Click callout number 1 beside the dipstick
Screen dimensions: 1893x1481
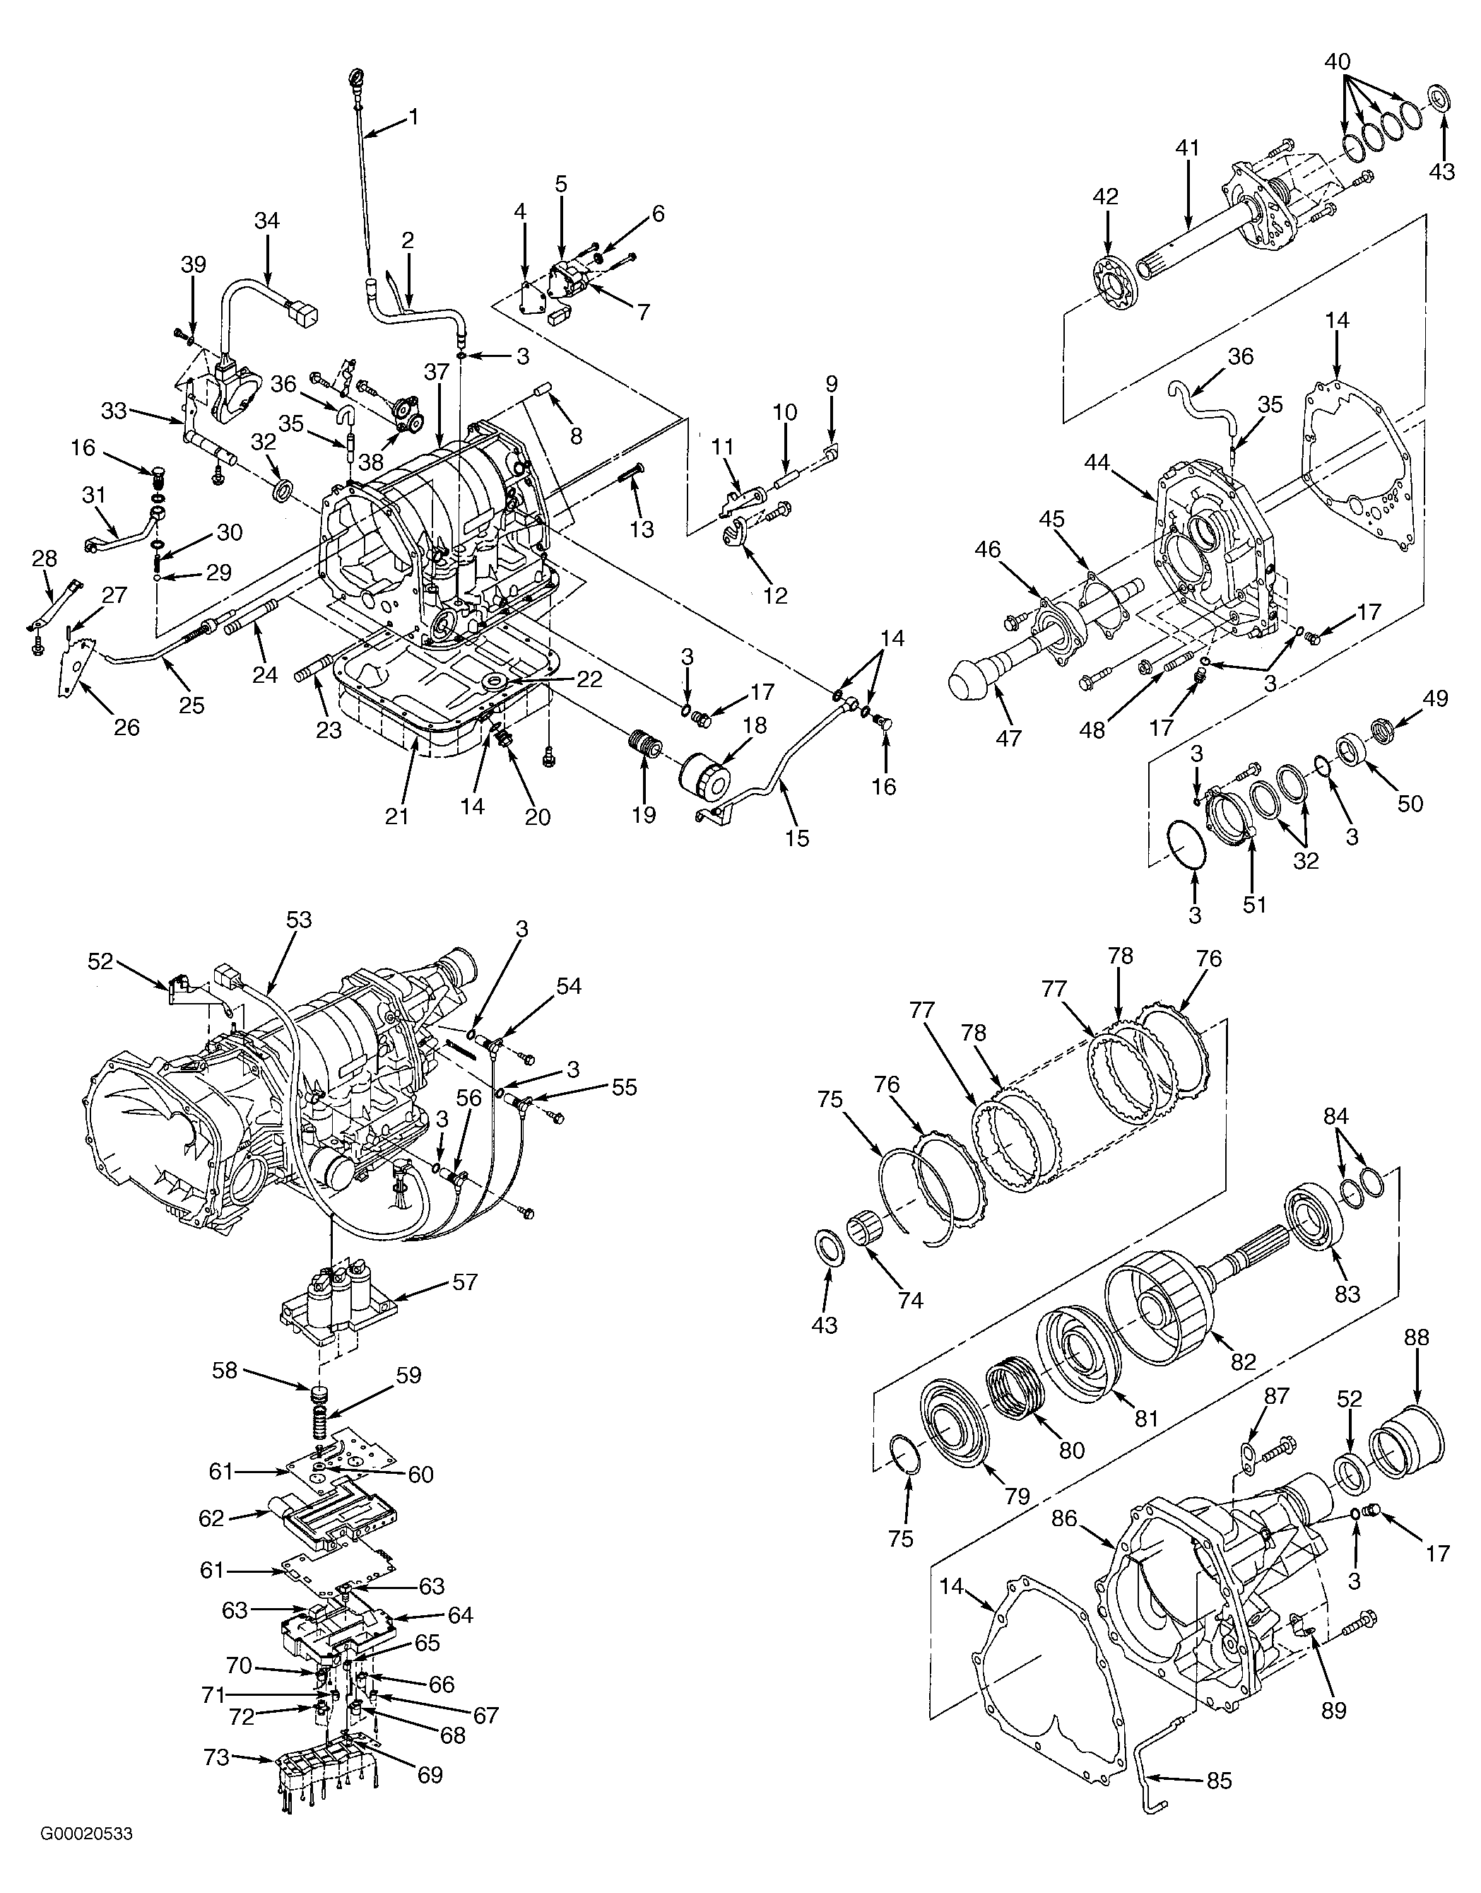pyautogui.click(x=413, y=115)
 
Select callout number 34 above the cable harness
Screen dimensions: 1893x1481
pyautogui.click(x=267, y=221)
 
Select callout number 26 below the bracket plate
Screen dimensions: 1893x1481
pyautogui.click(x=126, y=727)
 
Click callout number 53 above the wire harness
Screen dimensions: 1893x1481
pyautogui.click(x=298, y=920)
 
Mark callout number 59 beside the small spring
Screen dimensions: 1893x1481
pyautogui.click(x=408, y=1375)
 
